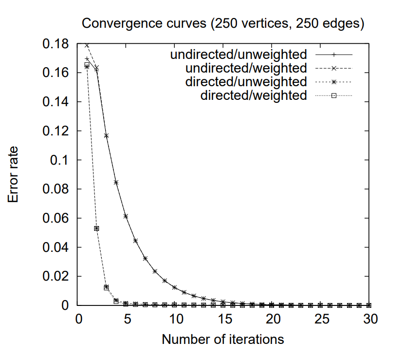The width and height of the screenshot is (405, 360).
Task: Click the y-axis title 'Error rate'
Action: pos(13,174)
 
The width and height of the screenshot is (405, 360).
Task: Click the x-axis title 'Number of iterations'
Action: pos(222,339)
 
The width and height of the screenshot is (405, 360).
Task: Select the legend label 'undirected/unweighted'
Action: pos(239,54)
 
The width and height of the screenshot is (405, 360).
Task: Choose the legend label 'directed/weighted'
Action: pos(253,95)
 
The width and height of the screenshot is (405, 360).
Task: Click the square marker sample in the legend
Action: pos(334,95)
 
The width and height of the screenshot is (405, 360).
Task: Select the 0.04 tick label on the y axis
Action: pos(57,247)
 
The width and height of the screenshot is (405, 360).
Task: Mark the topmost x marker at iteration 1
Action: pos(87,45)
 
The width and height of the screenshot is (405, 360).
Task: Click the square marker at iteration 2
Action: pos(97,228)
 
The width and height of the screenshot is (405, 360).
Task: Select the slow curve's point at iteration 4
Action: pos(116,182)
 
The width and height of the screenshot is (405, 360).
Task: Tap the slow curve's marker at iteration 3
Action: pos(107,136)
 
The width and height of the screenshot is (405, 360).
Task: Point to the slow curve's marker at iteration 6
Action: pos(136,241)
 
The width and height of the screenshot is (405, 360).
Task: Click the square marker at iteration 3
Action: pos(107,287)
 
